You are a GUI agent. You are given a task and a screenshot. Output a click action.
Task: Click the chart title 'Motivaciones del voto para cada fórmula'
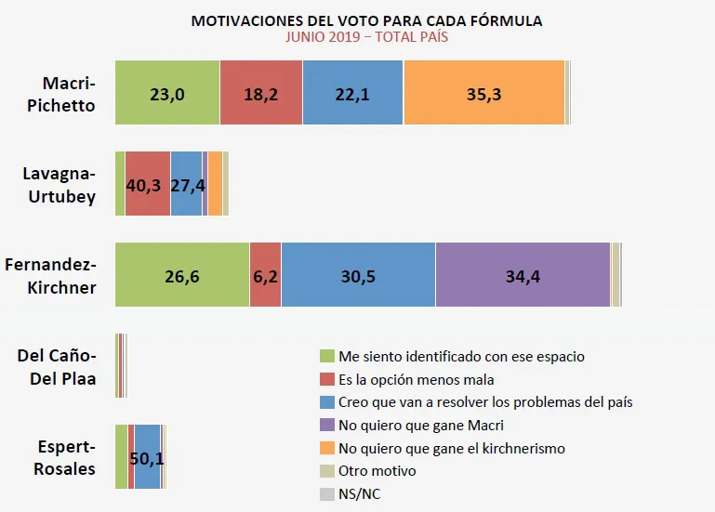pos(366,20)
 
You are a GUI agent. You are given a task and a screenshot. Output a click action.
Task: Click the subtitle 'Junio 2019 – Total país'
pos(366,37)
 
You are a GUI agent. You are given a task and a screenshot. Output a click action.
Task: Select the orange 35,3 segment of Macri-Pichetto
pos(483,92)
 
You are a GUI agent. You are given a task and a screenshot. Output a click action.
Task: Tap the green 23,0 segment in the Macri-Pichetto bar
pos(167,92)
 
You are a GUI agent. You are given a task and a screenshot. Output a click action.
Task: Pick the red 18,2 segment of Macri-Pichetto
pos(261,92)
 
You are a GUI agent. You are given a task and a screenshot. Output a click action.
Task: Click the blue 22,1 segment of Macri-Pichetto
pos(352,92)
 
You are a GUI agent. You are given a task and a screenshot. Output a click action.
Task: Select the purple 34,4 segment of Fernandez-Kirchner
pos(523,274)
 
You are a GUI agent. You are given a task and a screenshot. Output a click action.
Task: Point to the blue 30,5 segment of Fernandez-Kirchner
pos(358,274)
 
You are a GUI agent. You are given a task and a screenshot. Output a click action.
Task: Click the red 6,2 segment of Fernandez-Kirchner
pos(265,274)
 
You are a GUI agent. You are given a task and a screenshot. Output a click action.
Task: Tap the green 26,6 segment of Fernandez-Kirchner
pos(182,274)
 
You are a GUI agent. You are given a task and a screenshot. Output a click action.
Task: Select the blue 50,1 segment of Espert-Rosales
pos(147,456)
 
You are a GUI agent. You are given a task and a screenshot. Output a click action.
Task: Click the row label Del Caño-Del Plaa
pos(57,367)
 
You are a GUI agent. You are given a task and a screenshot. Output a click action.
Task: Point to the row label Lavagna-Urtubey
pos(59,184)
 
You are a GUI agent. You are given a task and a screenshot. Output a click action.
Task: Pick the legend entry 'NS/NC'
pos(359,494)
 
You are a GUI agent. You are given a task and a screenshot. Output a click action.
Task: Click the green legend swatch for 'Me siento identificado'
pos(326,357)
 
